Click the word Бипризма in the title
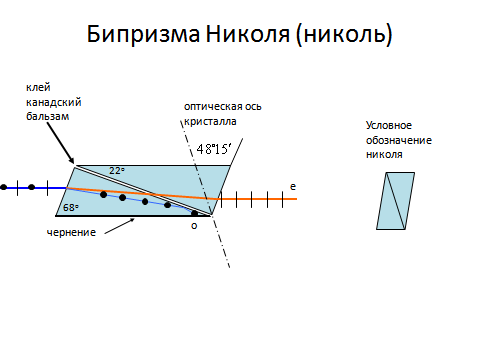click(x=143, y=34)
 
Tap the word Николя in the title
click(x=248, y=34)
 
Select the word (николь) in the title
click(x=344, y=35)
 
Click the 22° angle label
click(x=117, y=171)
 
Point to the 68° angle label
click(x=71, y=208)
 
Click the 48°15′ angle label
click(x=214, y=149)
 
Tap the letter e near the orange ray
click(x=293, y=187)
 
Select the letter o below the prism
click(x=194, y=226)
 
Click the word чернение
click(x=71, y=232)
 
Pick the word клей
click(x=38, y=88)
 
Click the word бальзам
click(x=48, y=116)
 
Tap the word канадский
click(x=54, y=102)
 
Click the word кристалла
click(x=210, y=121)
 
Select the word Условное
click(x=389, y=126)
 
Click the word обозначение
click(x=399, y=140)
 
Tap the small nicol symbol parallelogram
click(x=396, y=201)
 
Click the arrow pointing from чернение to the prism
click(x=119, y=226)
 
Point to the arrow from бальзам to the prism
click(x=60, y=143)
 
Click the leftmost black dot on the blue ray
click(x=4, y=187)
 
